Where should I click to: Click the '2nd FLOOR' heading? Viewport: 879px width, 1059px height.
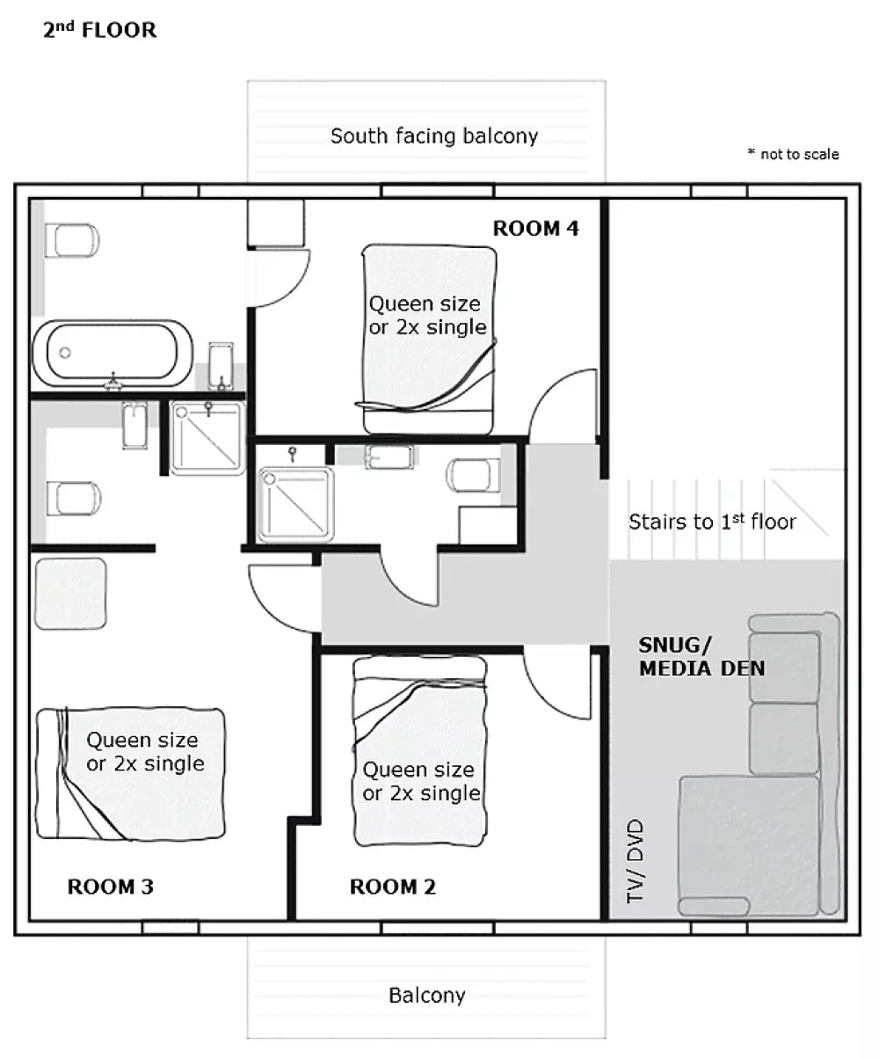tap(100, 30)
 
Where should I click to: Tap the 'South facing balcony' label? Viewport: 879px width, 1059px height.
tap(434, 136)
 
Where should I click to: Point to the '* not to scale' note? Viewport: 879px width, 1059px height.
tap(794, 154)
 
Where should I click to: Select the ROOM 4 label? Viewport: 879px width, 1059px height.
tap(536, 228)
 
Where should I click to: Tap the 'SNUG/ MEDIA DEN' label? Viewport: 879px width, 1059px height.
tap(702, 657)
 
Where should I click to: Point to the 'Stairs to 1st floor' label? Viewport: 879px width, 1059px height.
tap(712, 522)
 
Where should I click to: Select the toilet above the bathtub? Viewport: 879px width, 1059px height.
tap(72, 240)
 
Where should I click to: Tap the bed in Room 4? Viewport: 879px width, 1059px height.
tap(429, 340)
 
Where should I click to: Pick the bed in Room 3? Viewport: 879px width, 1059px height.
tap(130, 773)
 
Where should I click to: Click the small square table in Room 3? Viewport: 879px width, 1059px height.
tap(70, 594)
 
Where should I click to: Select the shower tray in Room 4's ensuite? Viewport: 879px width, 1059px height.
tap(295, 505)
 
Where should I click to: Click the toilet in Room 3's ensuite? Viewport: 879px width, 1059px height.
tap(74, 498)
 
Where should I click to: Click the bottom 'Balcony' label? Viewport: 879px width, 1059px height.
tap(427, 995)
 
